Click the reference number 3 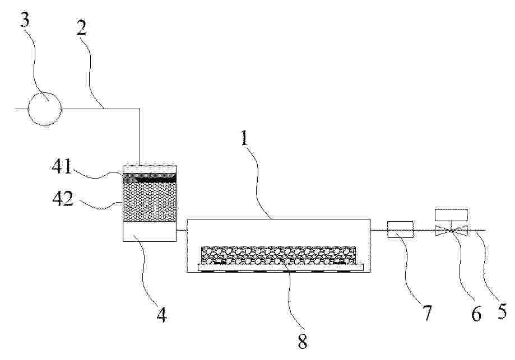(25, 20)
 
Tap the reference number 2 (81, 29)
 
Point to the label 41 (62, 167)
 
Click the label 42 (63, 199)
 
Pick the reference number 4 (161, 315)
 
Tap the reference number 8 (302, 342)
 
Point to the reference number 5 (502, 311)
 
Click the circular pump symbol (44, 109)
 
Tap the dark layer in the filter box (150, 177)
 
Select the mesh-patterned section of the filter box (150, 202)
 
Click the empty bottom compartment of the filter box (150, 231)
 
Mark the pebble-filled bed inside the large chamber (278, 255)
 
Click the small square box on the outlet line (400, 230)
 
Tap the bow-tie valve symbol (451, 230)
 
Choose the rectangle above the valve (451, 214)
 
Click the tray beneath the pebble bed (281, 268)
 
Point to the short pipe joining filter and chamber (182, 230)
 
